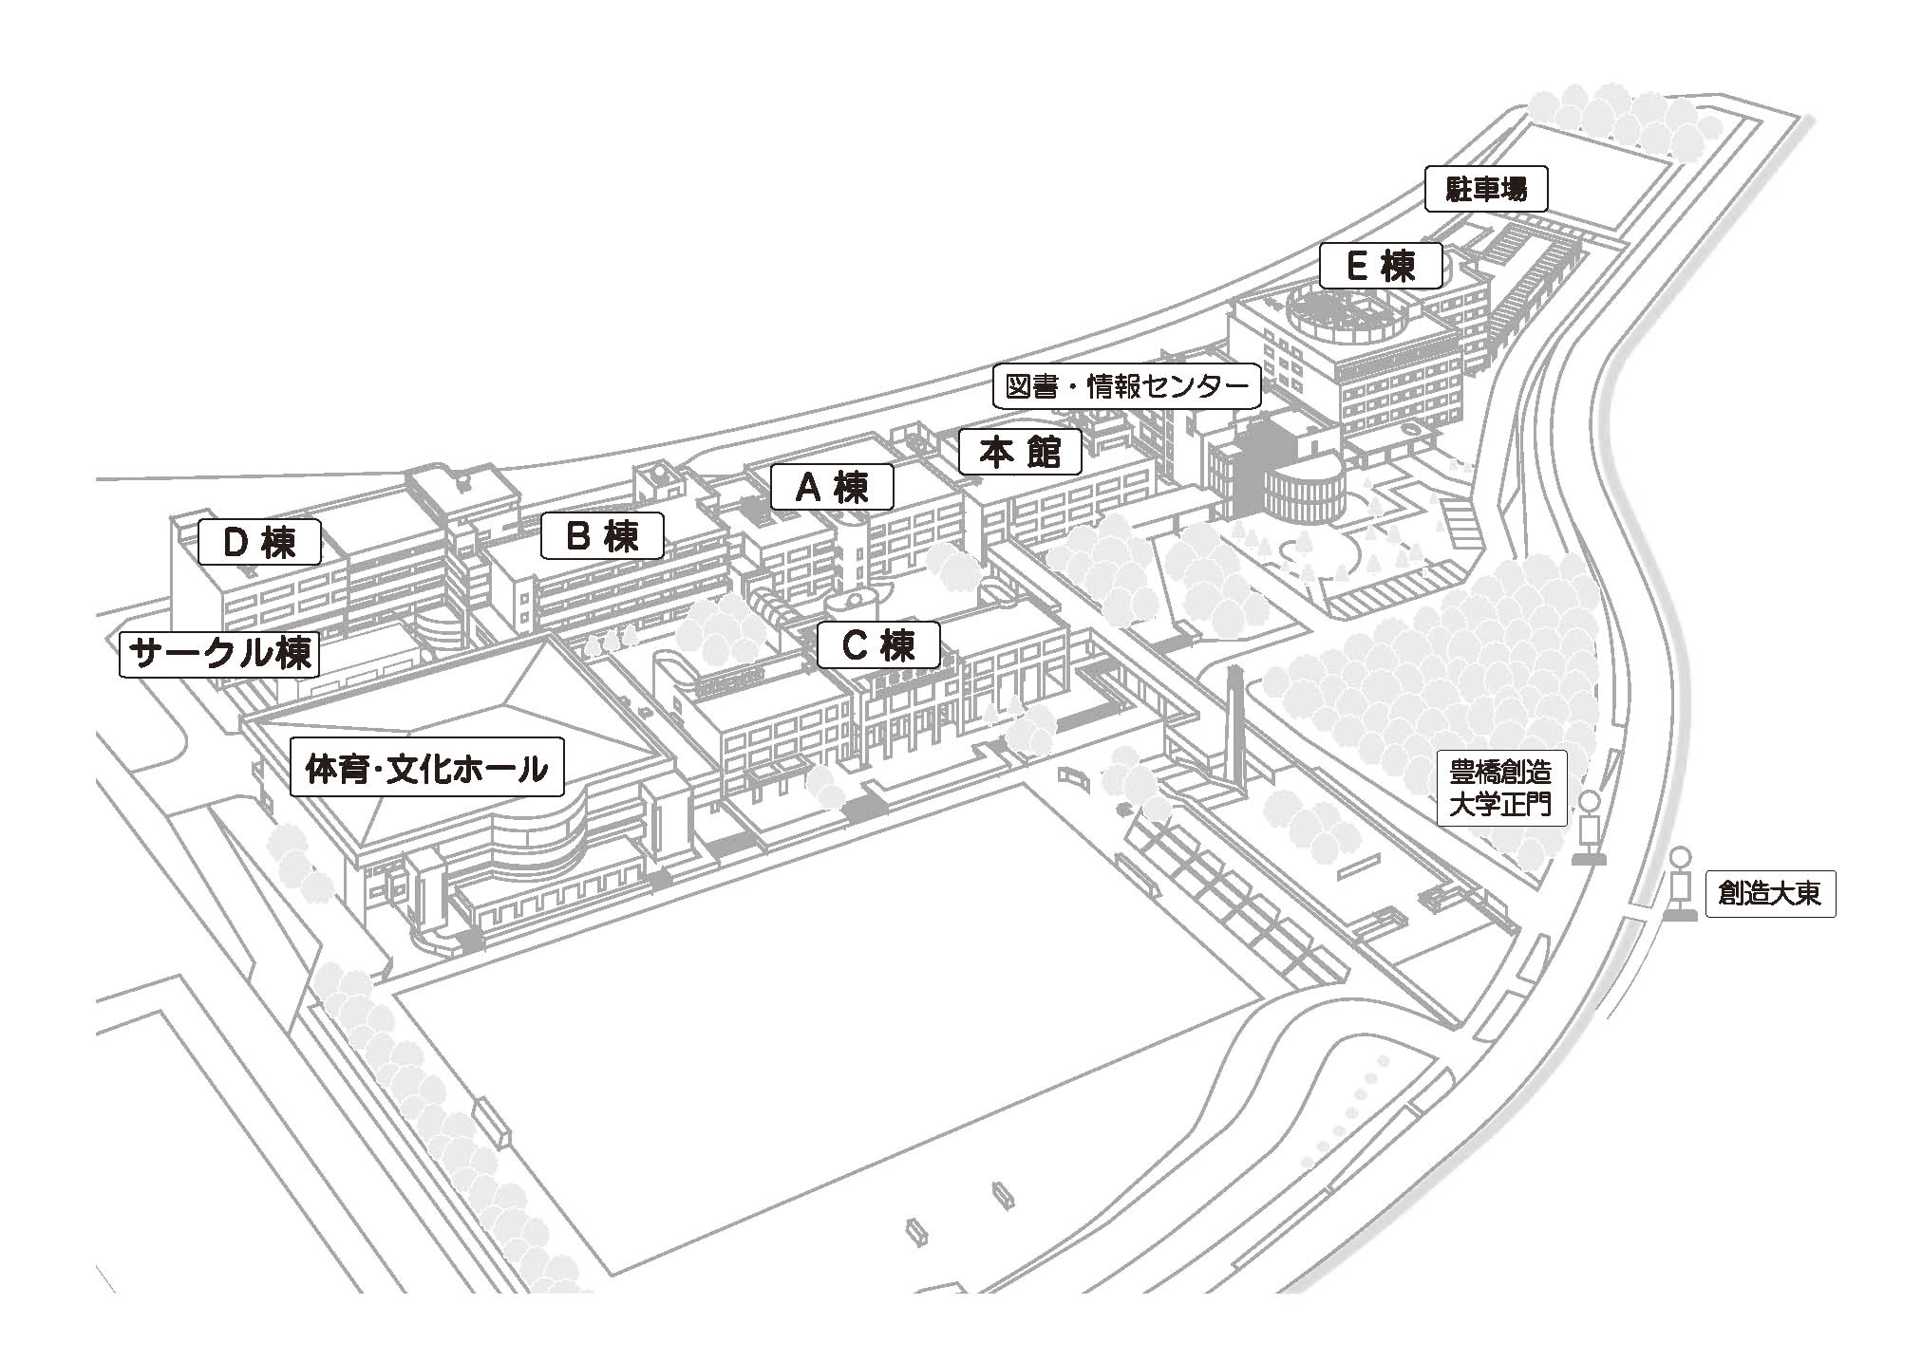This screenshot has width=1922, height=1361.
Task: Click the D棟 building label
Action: [259, 542]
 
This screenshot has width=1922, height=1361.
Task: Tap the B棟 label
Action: [602, 537]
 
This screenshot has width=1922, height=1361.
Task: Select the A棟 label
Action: [832, 487]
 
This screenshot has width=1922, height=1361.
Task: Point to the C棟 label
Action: [879, 645]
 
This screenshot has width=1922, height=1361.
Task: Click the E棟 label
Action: [1381, 267]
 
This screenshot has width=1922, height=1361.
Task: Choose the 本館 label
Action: [1020, 452]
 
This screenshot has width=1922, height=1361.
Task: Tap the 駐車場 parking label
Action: [1486, 190]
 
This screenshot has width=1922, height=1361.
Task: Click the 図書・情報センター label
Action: [1126, 386]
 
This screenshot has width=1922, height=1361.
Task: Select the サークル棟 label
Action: [219, 653]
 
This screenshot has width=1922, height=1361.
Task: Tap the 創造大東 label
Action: [1770, 893]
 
